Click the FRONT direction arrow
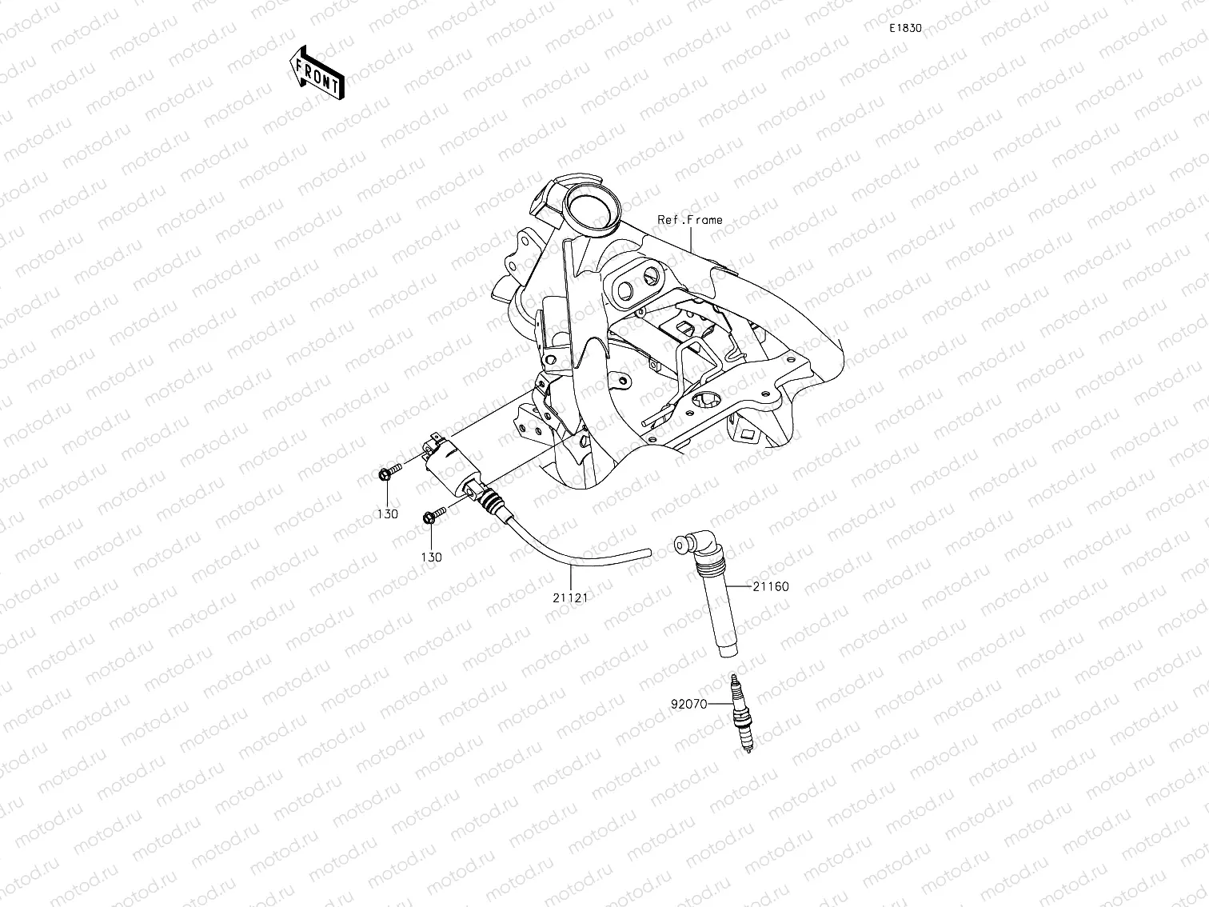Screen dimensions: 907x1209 [317, 72]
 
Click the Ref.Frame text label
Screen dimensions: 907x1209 [689, 219]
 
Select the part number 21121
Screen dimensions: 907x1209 [569, 597]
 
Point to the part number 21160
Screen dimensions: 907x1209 [771, 586]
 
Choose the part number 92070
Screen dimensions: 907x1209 [688, 705]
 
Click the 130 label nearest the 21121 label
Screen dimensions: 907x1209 [431, 557]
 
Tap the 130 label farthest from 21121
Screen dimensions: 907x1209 [387, 514]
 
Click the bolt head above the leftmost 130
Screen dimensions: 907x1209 [385, 475]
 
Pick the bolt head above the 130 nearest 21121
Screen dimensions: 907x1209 [429, 517]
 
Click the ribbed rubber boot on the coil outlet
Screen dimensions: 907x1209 [493, 502]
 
